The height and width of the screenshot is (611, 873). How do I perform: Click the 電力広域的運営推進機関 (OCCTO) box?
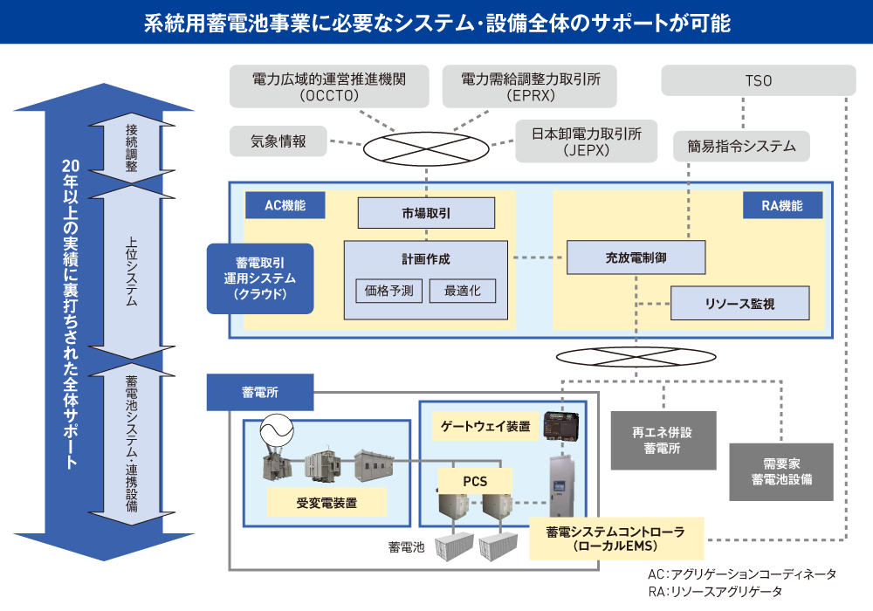[328, 86]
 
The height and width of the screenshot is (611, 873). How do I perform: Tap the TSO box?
[758, 81]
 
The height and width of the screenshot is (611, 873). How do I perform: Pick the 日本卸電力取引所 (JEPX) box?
[586, 141]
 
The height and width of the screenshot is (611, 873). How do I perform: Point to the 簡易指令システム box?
[741, 147]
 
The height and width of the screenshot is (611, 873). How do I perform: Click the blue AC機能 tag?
[284, 206]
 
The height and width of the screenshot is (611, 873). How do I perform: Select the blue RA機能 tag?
[784, 206]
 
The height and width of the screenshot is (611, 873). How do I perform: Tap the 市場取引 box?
[426, 213]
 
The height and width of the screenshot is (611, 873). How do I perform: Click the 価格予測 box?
[389, 291]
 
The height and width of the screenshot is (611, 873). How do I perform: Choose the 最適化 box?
[462, 291]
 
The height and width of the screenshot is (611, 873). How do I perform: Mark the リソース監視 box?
[739, 304]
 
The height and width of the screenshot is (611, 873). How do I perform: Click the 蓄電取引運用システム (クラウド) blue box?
[259, 278]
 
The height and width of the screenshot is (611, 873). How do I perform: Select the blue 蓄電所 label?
[259, 392]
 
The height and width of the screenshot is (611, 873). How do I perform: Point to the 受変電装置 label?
[326, 503]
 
